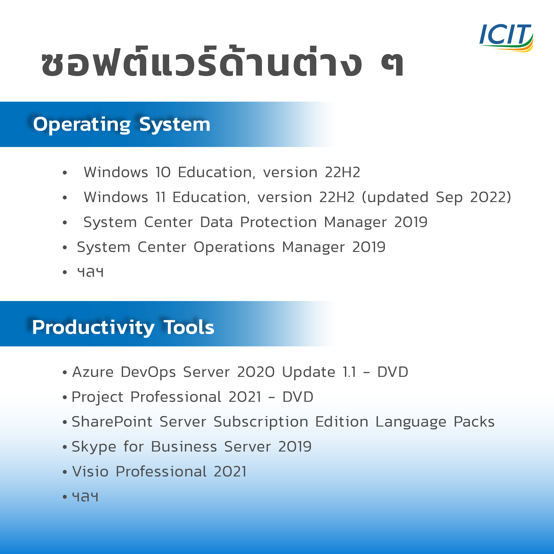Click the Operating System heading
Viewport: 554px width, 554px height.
(122, 125)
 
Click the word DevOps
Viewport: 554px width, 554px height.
(148, 372)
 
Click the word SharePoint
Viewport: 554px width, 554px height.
(112, 422)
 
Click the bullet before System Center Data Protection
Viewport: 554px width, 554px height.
(65, 223)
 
